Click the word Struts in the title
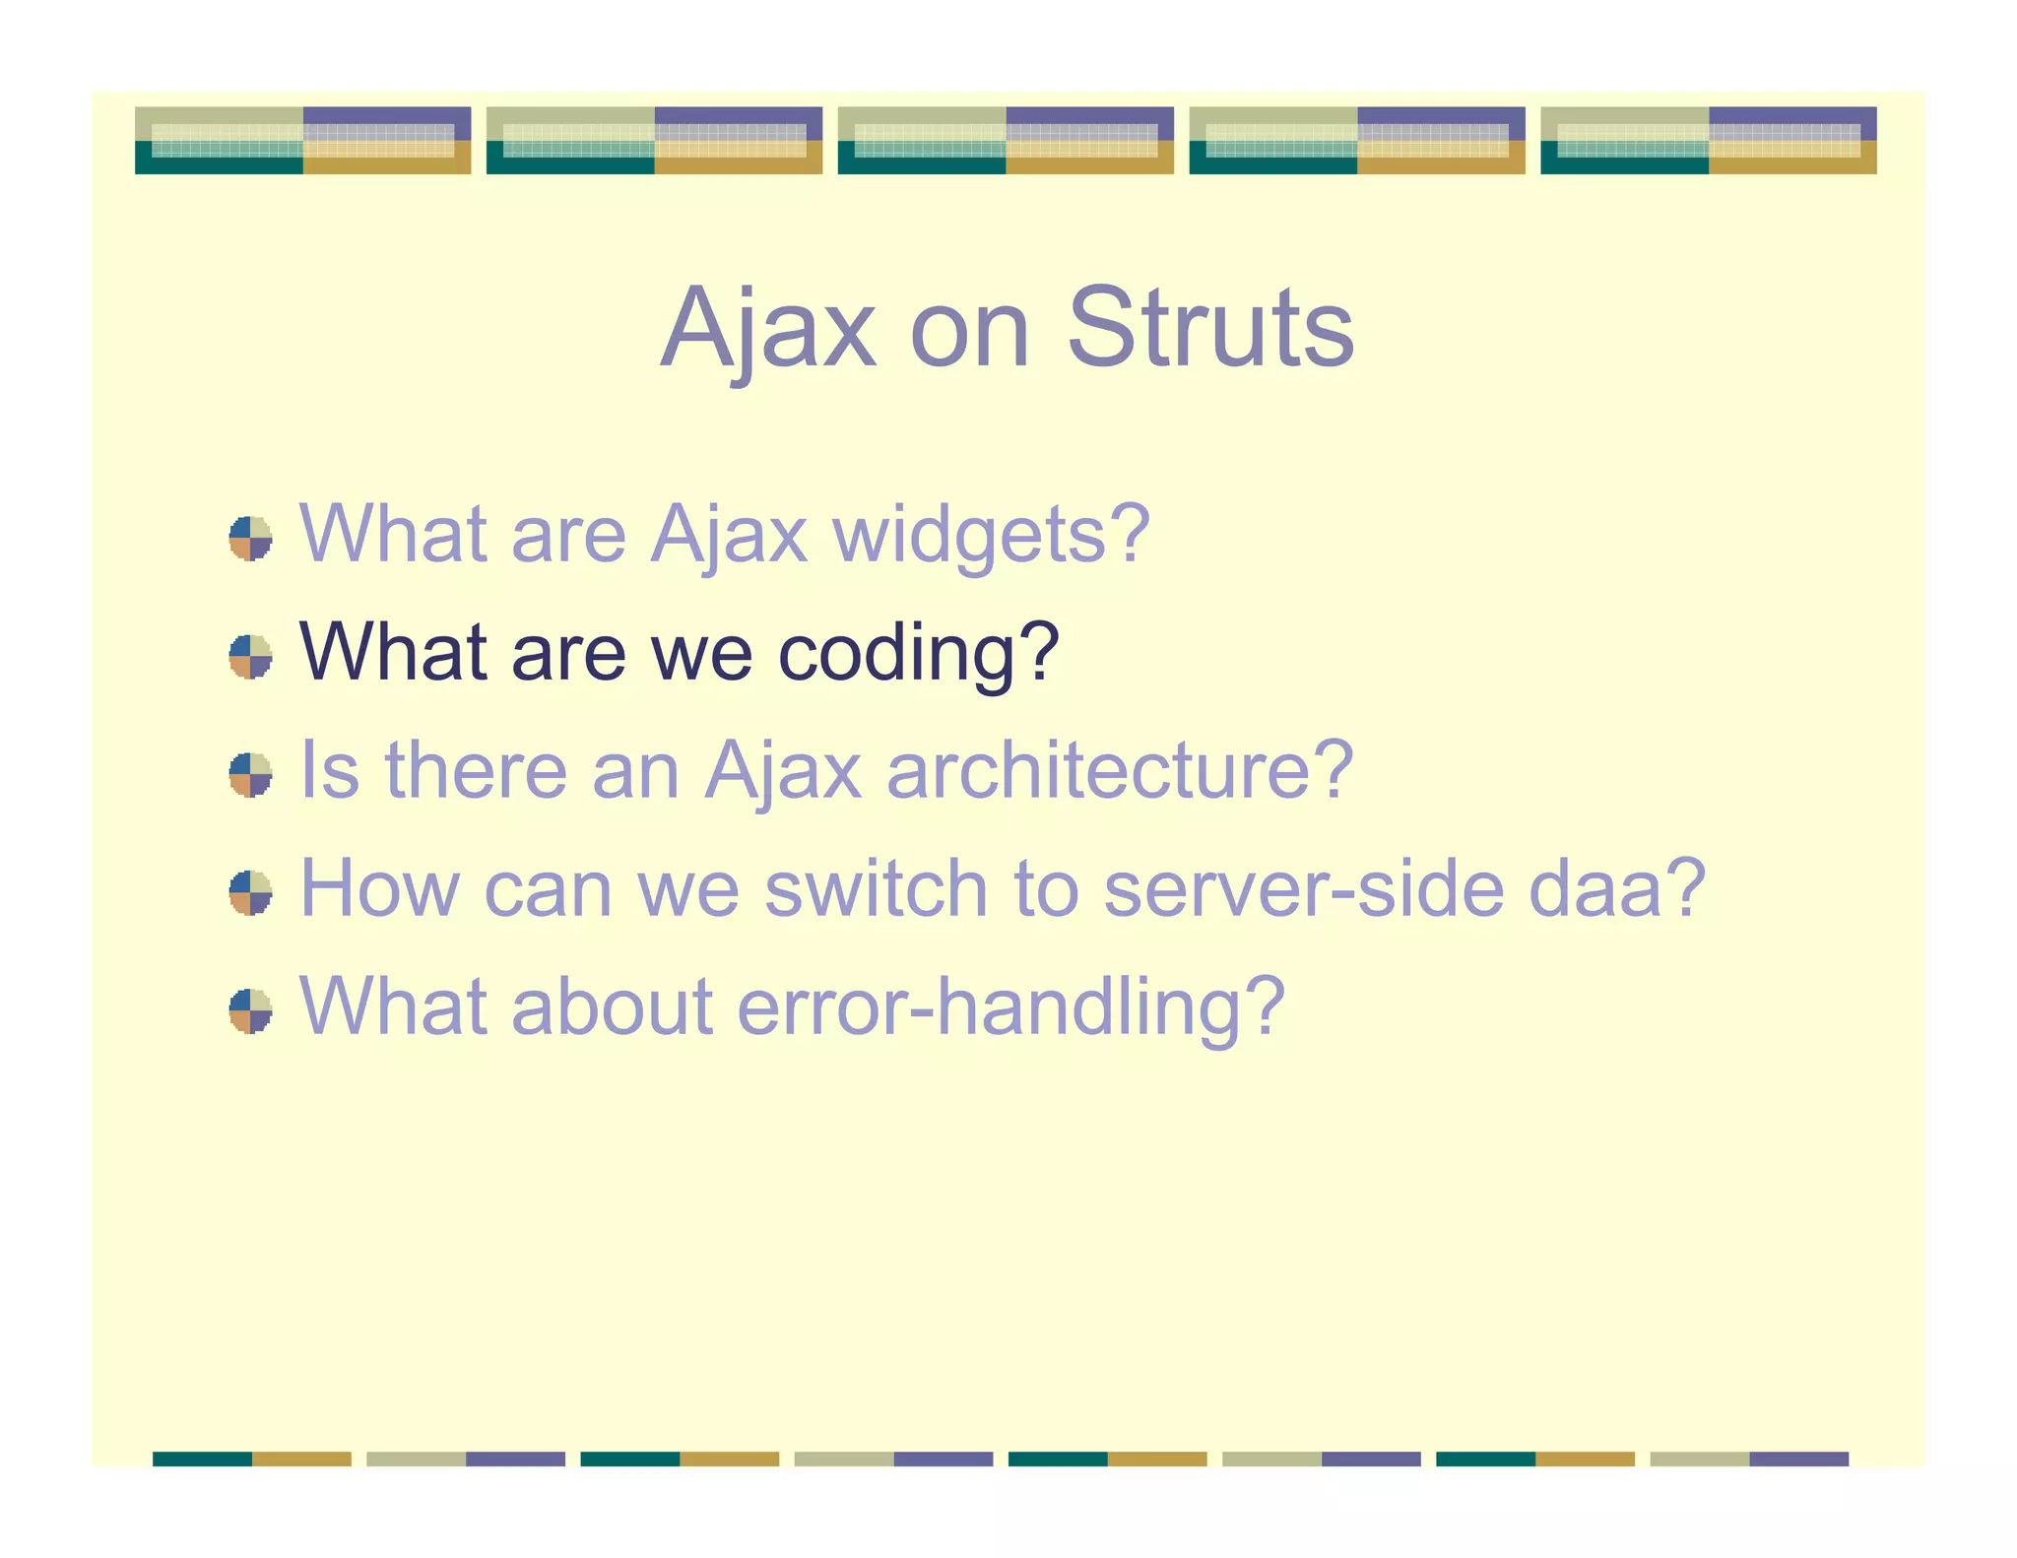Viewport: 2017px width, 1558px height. coord(1210,328)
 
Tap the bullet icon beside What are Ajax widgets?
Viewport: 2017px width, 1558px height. coord(250,539)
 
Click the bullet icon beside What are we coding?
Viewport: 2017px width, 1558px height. coord(250,657)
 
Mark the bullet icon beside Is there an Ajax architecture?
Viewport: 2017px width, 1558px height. coord(250,775)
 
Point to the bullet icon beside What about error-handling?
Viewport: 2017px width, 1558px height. coord(250,1011)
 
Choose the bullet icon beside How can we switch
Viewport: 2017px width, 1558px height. coord(250,893)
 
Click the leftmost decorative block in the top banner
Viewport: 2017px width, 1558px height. coord(302,141)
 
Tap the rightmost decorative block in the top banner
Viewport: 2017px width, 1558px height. coord(1708,141)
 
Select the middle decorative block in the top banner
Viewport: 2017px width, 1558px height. coord(1006,141)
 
